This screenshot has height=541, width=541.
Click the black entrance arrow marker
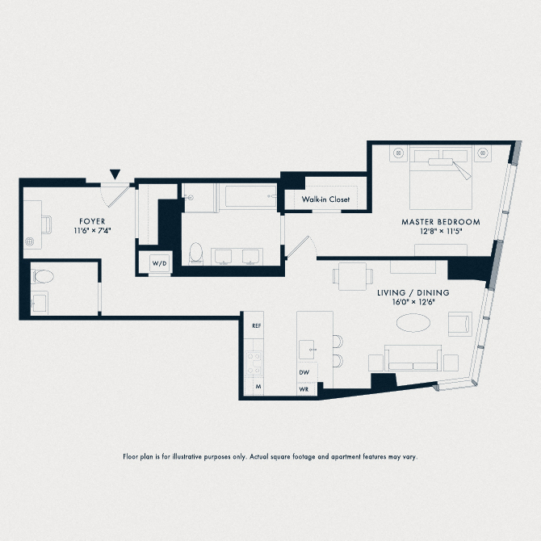point(116,174)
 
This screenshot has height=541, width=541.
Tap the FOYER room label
point(91,221)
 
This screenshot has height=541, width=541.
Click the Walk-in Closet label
point(325,199)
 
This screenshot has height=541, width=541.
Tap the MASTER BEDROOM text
point(441,221)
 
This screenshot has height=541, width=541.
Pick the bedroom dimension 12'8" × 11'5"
point(441,231)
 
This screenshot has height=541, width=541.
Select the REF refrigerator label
point(256,325)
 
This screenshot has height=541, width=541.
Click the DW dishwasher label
point(304,372)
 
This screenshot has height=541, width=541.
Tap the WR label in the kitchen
point(304,388)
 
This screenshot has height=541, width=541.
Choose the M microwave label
point(258,388)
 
